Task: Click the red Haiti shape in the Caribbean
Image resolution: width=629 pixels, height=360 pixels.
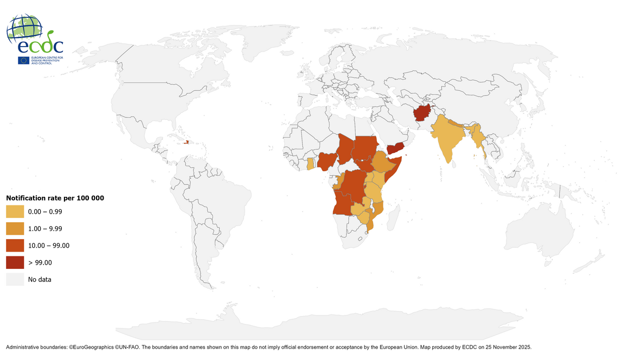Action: (185, 143)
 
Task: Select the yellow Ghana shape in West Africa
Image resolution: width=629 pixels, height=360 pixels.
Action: (310, 164)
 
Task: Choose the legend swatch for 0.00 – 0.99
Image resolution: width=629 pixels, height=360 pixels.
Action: (15, 211)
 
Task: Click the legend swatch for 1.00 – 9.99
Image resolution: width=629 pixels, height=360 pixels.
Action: (15, 228)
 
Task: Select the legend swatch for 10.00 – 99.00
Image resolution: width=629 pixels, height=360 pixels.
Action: (15, 246)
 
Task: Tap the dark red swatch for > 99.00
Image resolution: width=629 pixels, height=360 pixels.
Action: (15, 262)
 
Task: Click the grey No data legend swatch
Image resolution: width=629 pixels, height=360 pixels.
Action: (15, 279)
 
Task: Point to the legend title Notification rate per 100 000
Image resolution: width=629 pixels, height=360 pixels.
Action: (55, 198)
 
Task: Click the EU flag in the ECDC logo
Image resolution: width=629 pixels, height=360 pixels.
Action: (23, 61)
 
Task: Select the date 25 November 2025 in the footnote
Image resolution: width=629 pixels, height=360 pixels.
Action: (506, 346)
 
